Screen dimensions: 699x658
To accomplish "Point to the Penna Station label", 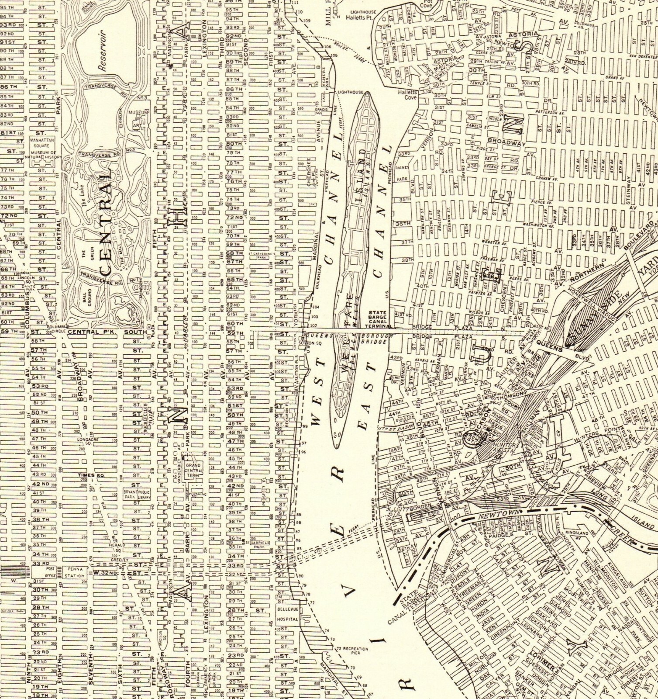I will [x=74, y=572].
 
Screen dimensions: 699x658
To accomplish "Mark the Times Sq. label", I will [x=86, y=475].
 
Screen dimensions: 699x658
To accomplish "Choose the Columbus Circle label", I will [x=58, y=326].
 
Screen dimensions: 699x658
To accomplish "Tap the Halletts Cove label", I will [x=407, y=95].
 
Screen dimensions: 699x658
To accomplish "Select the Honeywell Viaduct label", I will [x=589, y=299].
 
